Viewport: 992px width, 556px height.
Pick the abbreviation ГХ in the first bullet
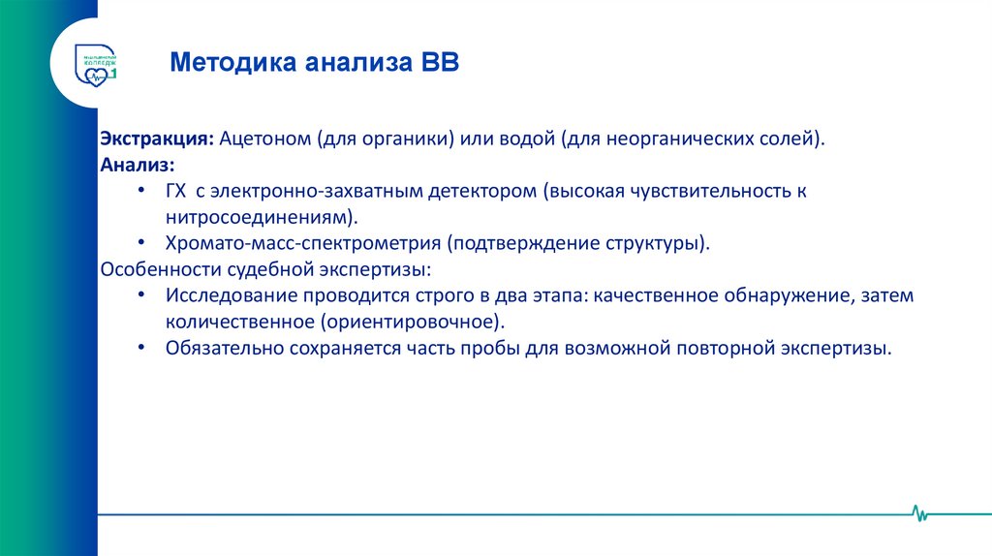point(176,191)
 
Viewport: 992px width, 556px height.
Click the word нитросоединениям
point(255,217)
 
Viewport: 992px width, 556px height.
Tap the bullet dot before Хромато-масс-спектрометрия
point(142,243)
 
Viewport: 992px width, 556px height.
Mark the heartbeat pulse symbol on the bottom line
point(919,513)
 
